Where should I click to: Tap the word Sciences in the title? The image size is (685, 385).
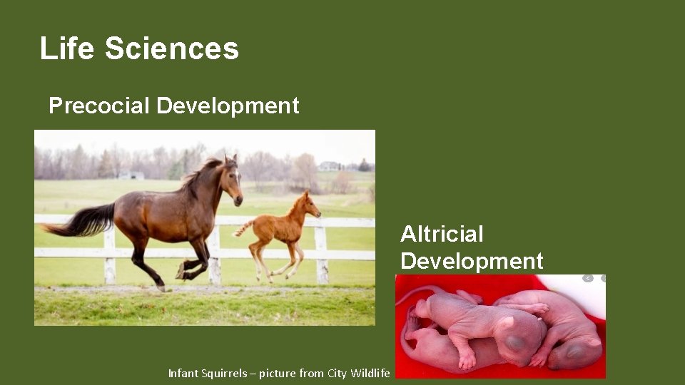click(171, 48)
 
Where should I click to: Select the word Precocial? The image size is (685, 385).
click(99, 106)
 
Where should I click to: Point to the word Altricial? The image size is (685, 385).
click(442, 234)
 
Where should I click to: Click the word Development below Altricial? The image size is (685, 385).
click(472, 261)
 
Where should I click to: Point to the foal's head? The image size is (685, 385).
click(309, 206)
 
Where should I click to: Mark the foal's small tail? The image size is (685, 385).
click(243, 228)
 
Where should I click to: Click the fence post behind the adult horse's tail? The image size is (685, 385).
click(109, 253)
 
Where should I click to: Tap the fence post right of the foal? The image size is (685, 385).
click(322, 253)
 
